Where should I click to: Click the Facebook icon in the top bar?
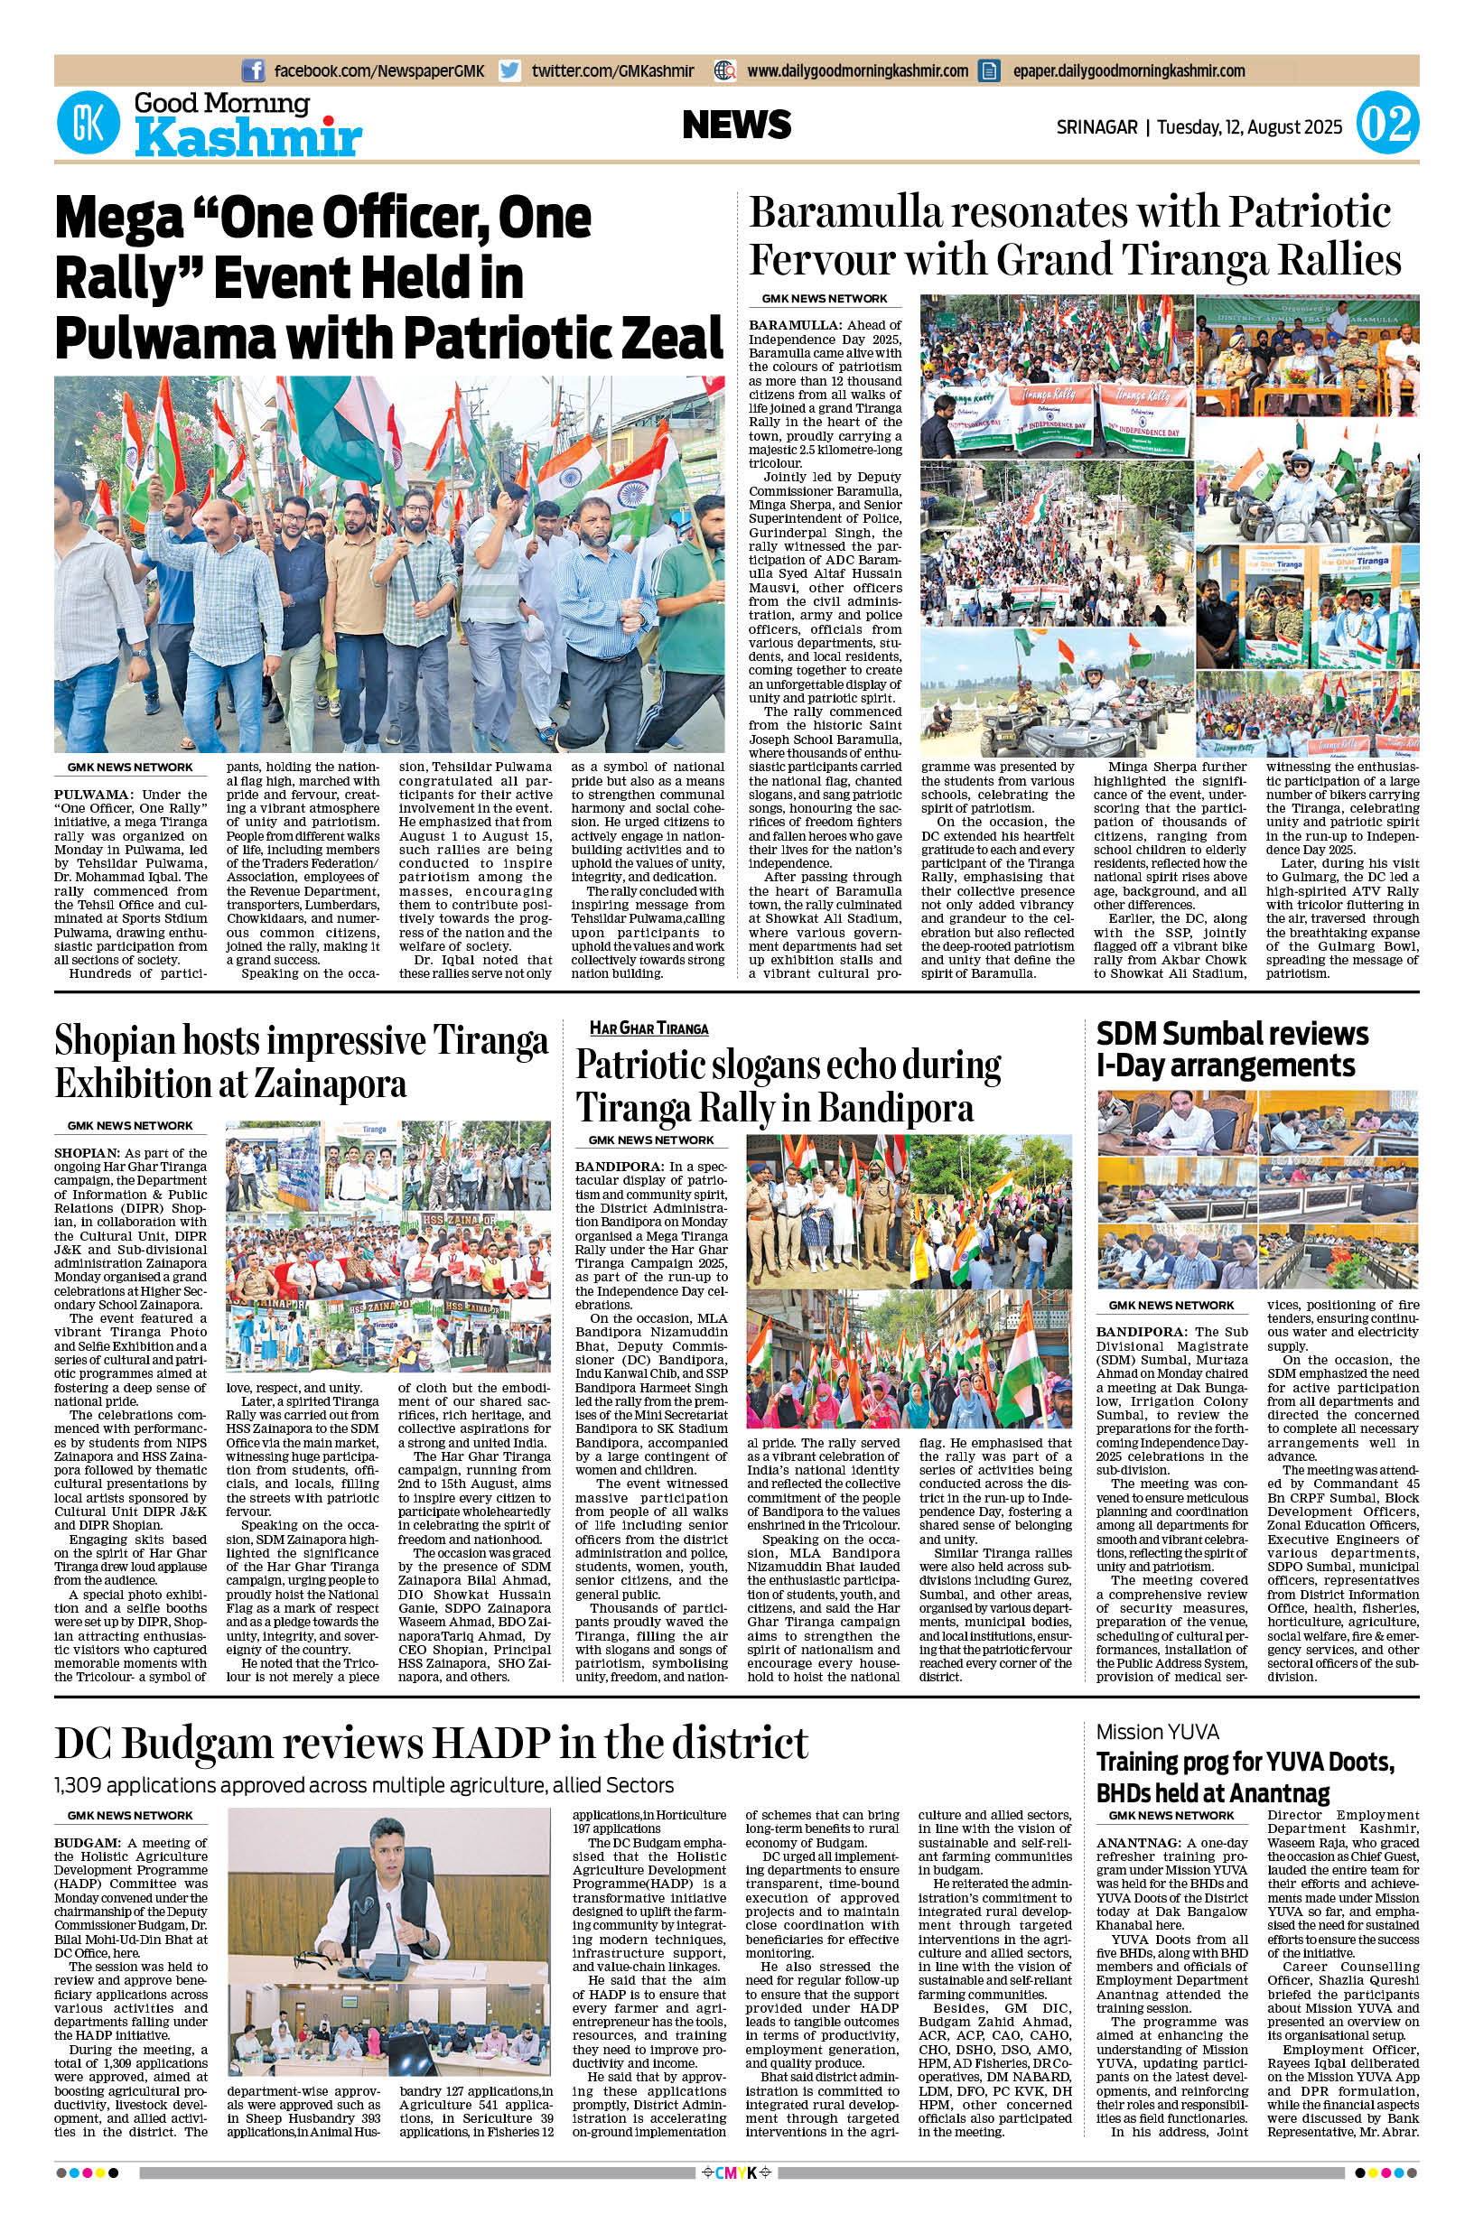point(253,70)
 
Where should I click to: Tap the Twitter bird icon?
point(510,70)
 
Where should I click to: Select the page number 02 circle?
point(1386,126)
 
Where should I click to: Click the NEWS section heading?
point(737,125)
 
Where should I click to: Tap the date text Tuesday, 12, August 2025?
point(1250,126)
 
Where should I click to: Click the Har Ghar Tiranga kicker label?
point(648,1029)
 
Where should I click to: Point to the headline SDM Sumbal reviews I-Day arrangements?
point(1231,1049)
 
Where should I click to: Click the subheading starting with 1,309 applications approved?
point(364,1785)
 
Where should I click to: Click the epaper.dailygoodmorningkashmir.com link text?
point(1129,70)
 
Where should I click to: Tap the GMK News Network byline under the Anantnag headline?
point(1171,1815)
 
